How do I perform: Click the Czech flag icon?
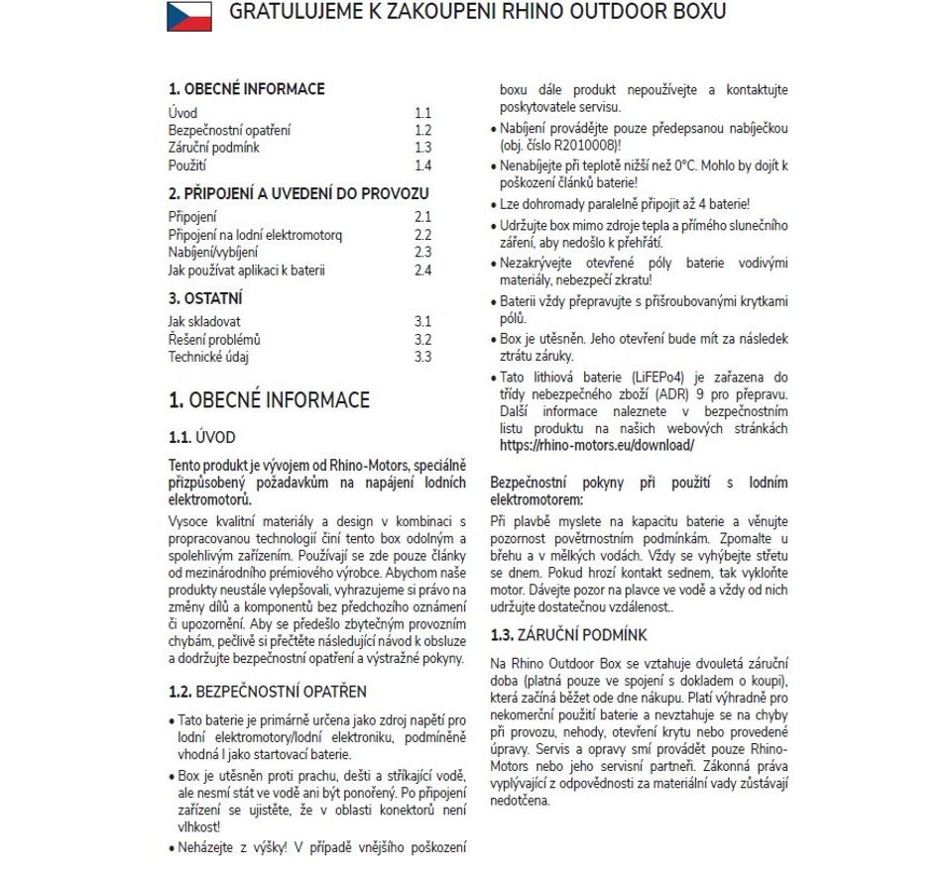189,15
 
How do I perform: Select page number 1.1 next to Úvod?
423,113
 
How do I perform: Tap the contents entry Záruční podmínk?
213,148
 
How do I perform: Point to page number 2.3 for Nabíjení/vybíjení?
423,252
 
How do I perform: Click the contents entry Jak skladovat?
203,321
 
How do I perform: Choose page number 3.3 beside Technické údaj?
423,357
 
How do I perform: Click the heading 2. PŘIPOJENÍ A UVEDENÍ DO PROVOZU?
298,193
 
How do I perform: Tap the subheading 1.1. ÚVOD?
202,437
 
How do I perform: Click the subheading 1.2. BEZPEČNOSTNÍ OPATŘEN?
268,691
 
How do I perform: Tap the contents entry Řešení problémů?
214,339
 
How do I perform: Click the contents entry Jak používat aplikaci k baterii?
247,270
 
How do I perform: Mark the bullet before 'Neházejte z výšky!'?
172,848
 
